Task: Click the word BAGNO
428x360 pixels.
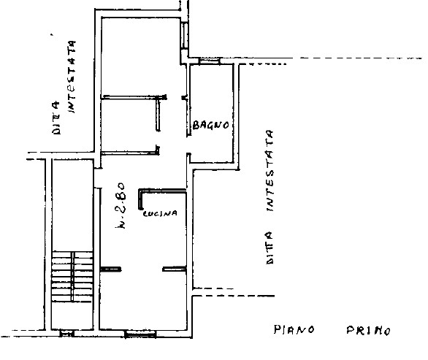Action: [x=211, y=125]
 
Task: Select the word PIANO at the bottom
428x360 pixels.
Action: [x=294, y=329]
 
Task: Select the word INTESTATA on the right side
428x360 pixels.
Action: [x=270, y=172]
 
